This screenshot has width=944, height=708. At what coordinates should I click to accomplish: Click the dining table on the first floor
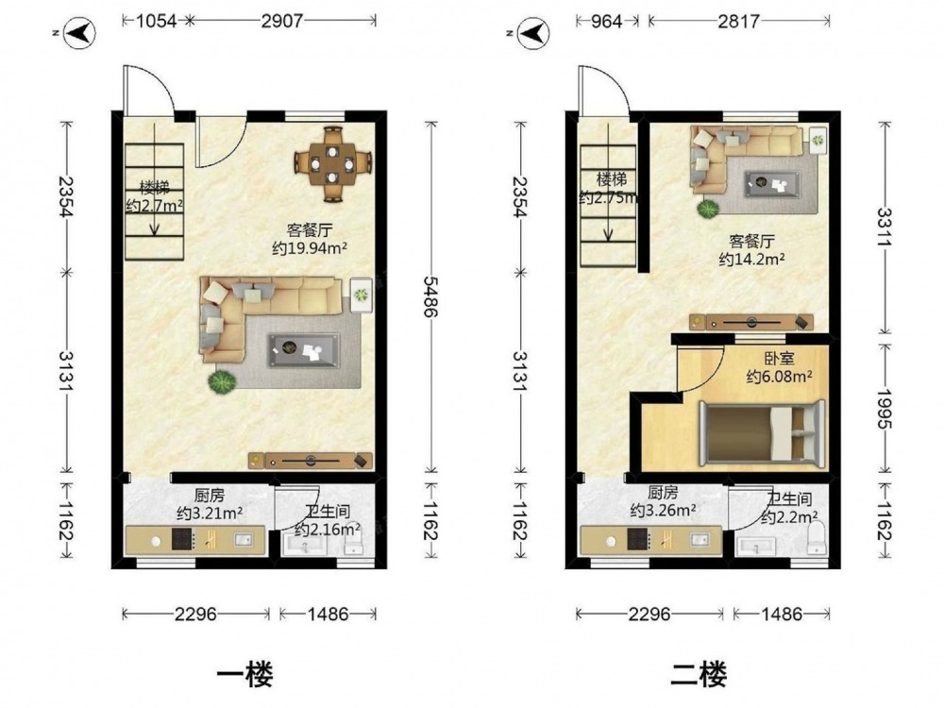click(x=332, y=162)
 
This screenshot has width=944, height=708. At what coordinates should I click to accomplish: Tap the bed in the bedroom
click(x=764, y=434)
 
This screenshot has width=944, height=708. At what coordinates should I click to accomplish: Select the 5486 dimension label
click(x=431, y=296)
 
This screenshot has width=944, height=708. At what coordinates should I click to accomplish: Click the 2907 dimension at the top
click(x=281, y=21)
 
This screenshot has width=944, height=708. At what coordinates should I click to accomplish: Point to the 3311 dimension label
click(x=885, y=227)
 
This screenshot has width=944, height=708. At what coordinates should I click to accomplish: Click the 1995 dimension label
click(x=885, y=410)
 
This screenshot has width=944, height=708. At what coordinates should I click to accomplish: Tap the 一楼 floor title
click(x=245, y=675)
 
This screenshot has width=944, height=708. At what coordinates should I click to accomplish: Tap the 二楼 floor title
click(x=699, y=675)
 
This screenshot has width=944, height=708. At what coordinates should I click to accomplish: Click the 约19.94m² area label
click(x=310, y=248)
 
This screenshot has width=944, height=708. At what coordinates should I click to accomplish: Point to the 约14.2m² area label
click(x=752, y=260)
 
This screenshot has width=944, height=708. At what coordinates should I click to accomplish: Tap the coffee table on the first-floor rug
click(x=303, y=350)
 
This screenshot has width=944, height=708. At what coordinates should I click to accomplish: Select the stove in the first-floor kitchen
click(x=182, y=539)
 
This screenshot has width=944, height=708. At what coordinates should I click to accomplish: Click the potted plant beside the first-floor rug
click(x=222, y=381)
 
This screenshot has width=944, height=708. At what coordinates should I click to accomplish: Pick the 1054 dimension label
click(x=156, y=21)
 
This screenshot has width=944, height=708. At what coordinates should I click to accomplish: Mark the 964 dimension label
click(x=606, y=21)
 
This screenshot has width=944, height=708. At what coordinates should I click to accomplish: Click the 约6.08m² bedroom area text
click(x=780, y=377)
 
